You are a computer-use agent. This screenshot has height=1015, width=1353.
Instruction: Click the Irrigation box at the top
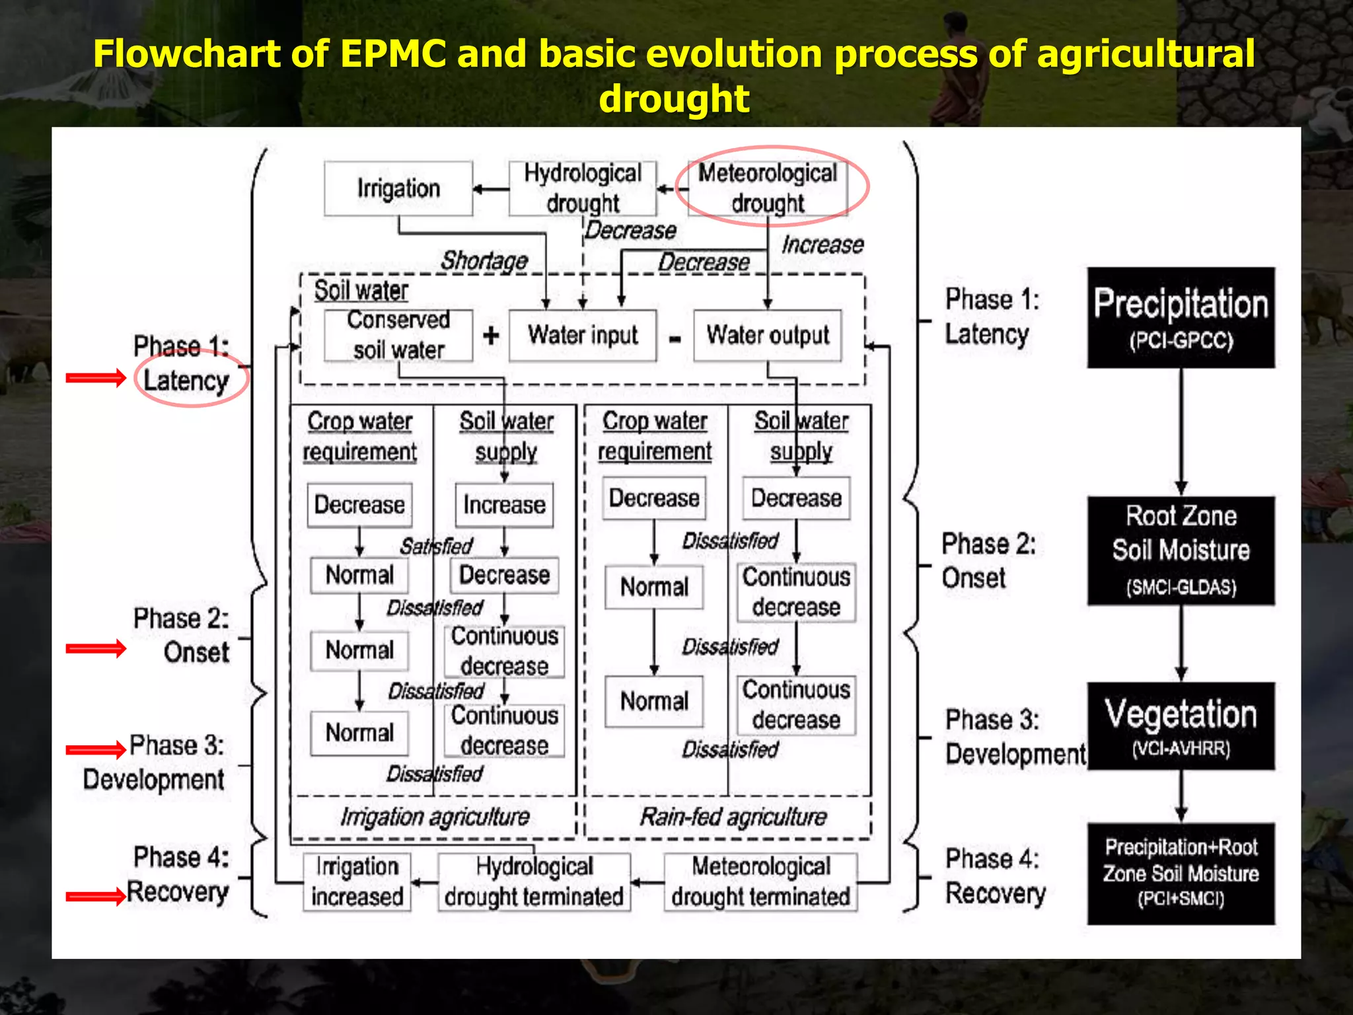[398, 188]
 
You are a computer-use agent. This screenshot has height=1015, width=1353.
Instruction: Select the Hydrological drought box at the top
[583, 188]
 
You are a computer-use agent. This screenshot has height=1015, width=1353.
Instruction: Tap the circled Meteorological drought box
[768, 188]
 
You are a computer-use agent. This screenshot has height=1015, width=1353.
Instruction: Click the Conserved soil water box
[398, 335]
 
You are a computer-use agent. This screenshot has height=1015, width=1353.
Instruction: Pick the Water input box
[583, 335]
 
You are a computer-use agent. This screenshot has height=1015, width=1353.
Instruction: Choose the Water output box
[768, 335]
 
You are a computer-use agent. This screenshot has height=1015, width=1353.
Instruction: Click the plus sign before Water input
[491, 336]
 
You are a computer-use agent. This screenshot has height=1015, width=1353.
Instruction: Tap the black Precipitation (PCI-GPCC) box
[1181, 318]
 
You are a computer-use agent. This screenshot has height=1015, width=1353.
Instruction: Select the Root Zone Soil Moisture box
[1181, 550]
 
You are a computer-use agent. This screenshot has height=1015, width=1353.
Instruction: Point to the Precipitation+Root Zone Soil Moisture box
[1181, 873]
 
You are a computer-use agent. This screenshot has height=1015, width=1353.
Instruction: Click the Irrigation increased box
[357, 882]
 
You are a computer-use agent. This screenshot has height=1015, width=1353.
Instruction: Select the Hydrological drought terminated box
[534, 882]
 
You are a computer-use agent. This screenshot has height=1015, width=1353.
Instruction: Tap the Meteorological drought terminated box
[761, 882]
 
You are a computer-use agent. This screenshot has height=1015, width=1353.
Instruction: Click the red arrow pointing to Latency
[96, 378]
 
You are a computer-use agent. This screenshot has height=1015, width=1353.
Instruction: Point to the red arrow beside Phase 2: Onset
[96, 648]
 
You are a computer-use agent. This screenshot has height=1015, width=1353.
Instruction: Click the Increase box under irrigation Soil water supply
[504, 505]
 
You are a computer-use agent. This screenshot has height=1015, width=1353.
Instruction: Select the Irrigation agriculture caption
[435, 817]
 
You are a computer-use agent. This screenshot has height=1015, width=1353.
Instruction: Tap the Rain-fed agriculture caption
[733, 817]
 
